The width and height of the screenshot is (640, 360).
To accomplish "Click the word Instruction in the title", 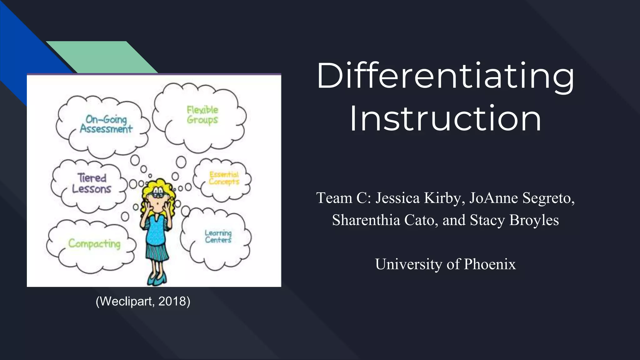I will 445,119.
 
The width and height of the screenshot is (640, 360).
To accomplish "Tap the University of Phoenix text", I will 445,264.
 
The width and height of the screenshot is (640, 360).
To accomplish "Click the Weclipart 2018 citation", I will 143,301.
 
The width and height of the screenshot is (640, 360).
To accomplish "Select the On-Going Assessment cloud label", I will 106,124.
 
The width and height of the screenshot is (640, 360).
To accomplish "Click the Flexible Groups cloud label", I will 202,115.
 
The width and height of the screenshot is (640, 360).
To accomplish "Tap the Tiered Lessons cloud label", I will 92,183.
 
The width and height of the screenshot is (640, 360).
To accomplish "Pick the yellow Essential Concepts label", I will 224,178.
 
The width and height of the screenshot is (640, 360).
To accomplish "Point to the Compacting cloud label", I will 94,243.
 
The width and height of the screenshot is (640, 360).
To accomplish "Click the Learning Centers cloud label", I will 218,237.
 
